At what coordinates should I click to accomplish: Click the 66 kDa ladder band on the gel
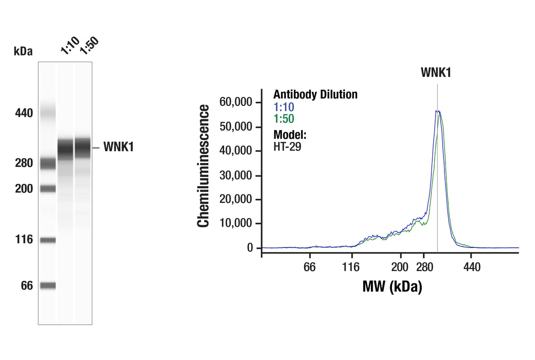pos(47,285)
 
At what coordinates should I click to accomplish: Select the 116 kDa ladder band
pos(47,240)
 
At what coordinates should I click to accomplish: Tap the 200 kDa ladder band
pos(47,188)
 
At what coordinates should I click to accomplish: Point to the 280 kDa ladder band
pos(47,163)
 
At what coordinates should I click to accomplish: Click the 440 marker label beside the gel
pos(23,113)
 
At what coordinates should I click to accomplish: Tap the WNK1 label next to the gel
pos(119,147)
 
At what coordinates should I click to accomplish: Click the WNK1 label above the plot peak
pos(436,72)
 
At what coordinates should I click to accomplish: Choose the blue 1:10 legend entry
pos(284,107)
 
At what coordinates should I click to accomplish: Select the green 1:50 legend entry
pos(284,119)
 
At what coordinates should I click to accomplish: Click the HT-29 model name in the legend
pos(287,146)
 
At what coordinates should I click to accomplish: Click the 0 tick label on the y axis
pos(250,247)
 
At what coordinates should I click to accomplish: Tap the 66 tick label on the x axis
pos(309,267)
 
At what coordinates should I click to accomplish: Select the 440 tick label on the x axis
pos(472,267)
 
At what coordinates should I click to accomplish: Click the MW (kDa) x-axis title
pos(392,286)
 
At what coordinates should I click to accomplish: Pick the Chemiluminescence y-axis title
pos(203,166)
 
